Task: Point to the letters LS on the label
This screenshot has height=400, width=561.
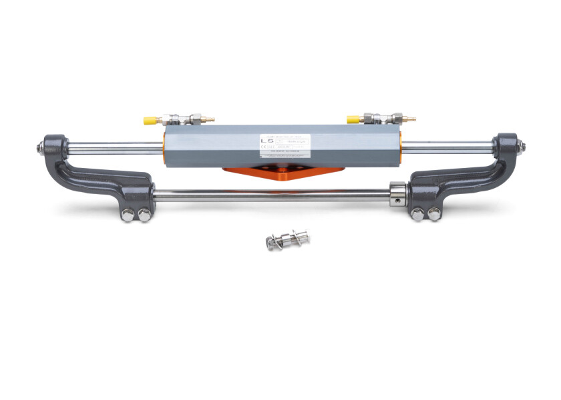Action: (267, 141)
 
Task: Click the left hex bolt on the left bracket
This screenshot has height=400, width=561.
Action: (128, 214)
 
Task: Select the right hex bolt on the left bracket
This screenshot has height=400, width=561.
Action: (142, 214)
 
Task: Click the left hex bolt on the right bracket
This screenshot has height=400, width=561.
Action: (418, 215)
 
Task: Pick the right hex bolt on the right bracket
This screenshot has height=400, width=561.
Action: (433, 215)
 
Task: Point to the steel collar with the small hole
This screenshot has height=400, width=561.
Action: (399, 195)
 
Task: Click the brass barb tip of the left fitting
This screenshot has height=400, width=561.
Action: (208, 121)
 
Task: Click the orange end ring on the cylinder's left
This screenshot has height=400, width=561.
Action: (164, 147)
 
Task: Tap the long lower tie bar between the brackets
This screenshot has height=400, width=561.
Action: (267, 195)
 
